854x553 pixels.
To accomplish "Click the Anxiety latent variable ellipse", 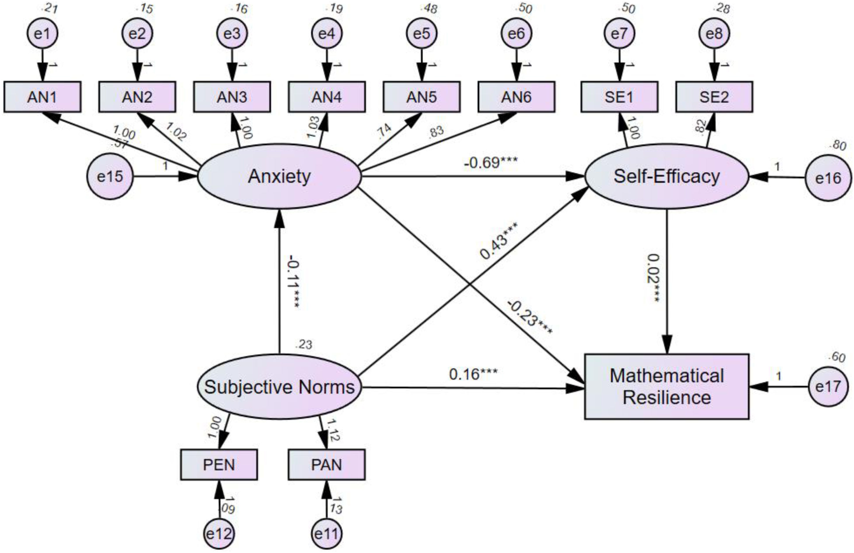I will click(x=279, y=176).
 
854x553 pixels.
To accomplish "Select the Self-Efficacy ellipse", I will click(x=667, y=176).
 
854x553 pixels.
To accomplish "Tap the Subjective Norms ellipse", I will click(x=279, y=387).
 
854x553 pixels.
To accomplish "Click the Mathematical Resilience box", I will click(x=667, y=387).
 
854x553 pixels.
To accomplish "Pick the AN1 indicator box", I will click(x=42, y=97).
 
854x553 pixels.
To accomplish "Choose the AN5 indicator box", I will click(x=422, y=97).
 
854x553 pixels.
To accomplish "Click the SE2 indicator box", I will click(x=714, y=97).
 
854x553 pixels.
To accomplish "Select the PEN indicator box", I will click(x=219, y=465).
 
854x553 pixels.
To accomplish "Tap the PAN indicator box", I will click(x=326, y=465).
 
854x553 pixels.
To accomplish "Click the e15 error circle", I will click(x=110, y=176).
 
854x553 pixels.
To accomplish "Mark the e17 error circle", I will click(x=828, y=387).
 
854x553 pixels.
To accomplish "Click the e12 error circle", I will click(x=219, y=534).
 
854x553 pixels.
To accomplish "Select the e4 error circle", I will click(x=326, y=33).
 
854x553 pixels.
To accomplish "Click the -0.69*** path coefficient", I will click(x=491, y=163).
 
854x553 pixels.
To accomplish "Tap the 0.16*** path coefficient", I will click(x=473, y=374).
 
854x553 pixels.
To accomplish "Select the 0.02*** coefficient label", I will click(x=654, y=279).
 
